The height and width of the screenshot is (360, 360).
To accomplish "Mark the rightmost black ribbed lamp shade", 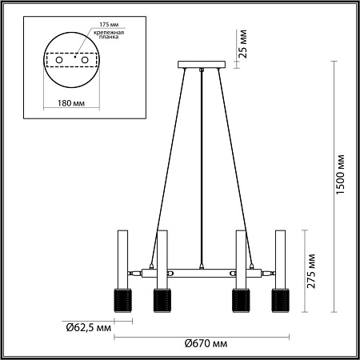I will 280,300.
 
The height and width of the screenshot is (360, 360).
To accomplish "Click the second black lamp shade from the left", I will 161,300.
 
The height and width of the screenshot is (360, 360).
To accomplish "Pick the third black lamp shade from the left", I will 239,300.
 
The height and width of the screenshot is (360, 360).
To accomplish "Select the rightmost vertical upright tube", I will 280,256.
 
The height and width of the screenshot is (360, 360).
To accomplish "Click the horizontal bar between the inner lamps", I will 200,271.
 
